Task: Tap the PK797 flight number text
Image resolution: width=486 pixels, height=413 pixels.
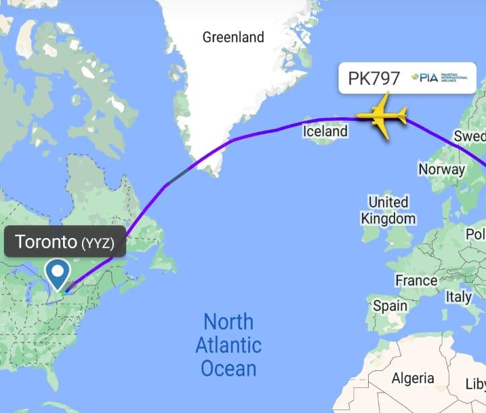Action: click(374, 79)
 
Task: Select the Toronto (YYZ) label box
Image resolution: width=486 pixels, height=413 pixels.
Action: click(65, 242)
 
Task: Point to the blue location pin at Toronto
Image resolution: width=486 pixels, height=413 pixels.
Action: click(57, 274)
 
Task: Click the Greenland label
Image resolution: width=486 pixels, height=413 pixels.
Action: click(232, 37)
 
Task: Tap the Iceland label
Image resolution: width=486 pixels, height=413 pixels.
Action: click(325, 132)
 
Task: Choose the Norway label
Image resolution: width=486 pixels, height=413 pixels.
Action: click(441, 170)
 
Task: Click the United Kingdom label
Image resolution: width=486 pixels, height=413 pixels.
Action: click(388, 210)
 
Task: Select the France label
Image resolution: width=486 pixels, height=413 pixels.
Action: click(416, 281)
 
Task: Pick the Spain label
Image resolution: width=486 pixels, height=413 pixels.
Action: click(391, 306)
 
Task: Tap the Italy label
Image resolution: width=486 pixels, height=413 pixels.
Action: click(459, 297)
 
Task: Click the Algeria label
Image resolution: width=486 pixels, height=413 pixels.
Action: click(413, 378)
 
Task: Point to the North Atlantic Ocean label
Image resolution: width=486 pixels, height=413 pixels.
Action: click(228, 345)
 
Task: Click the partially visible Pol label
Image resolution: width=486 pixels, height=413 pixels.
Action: click(476, 235)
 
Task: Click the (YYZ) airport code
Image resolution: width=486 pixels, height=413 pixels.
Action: click(98, 243)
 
